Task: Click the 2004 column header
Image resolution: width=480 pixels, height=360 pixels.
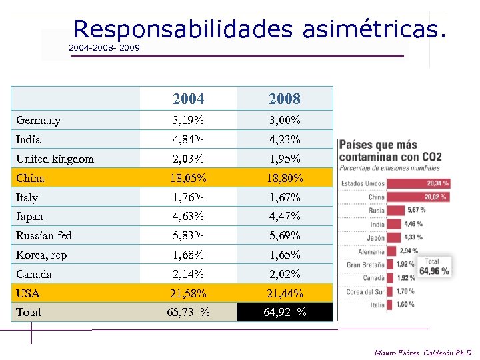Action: click(188, 99)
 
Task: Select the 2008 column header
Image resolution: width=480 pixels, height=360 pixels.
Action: click(285, 99)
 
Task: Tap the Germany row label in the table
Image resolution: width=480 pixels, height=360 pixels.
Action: click(39, 121)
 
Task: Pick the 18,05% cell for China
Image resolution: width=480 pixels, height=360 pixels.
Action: click(188, 178)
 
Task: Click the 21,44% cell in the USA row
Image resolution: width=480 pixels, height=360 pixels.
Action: click(285, 293)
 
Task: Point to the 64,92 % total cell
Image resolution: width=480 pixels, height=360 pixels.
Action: click(285, 312)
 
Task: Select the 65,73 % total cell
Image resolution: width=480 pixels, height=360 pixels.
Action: click(188, 312)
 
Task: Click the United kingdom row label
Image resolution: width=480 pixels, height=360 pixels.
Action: click(55, 159)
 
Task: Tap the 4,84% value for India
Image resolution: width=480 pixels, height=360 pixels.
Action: click(188, 140)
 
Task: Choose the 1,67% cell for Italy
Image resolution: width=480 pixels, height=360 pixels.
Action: click(285, 197)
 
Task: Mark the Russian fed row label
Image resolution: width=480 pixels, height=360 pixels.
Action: click(44, 235)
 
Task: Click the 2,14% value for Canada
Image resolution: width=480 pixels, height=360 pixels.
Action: click(188, 274)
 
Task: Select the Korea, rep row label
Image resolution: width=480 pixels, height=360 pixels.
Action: click(41, 255)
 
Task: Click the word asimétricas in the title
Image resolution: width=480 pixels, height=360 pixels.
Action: click(373, 29)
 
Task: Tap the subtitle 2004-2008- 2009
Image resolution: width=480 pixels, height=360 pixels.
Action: click(104, 48)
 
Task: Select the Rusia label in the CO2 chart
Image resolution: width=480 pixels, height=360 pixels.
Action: click(377, 211)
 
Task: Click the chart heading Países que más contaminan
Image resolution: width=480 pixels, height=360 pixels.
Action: click(378, 145)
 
